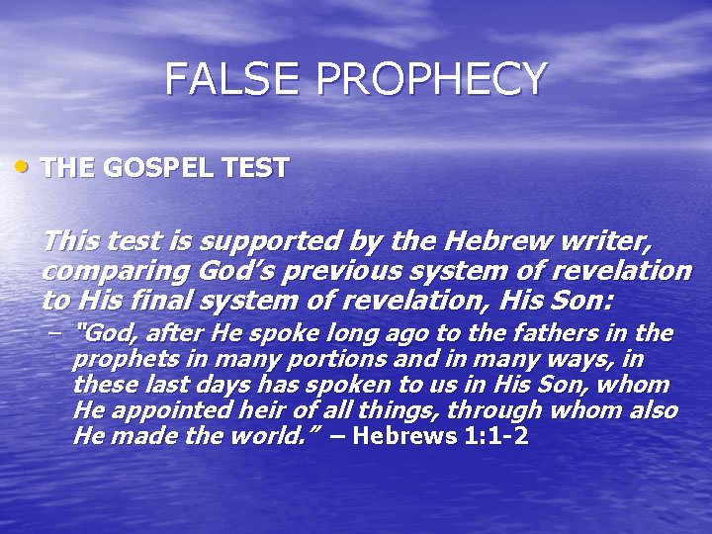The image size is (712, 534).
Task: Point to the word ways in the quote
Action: pyautogui.click(x=567, y=359)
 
